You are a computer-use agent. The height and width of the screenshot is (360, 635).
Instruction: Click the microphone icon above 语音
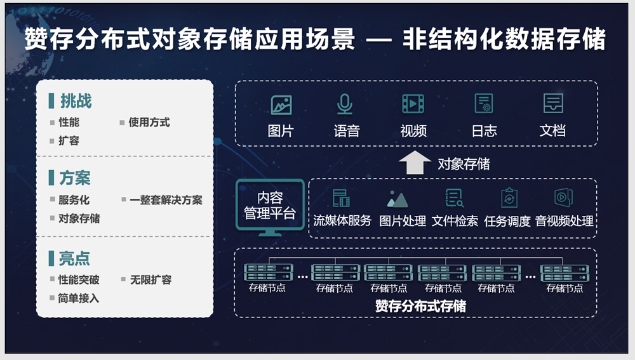(345, 104)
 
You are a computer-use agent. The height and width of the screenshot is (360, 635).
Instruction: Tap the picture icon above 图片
(281, 105)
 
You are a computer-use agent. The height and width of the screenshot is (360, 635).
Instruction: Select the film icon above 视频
(413, 103)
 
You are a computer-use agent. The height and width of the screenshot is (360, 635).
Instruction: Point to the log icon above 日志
(484, 103)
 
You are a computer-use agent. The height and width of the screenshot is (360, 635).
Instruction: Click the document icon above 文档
(553, 103)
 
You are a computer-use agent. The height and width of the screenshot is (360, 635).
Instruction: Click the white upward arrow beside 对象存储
(415, 163)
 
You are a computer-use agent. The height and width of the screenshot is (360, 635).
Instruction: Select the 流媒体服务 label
(342, 221)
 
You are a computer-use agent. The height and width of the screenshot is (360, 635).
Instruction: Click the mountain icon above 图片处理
(398, 199)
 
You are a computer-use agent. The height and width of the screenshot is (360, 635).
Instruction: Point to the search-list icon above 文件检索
(454, 198)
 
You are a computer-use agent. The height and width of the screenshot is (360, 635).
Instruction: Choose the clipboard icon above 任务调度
(509, 198)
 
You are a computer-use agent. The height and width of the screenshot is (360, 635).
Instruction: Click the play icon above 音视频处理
(563, 197)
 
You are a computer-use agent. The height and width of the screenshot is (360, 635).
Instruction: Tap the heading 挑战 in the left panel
(76, 101)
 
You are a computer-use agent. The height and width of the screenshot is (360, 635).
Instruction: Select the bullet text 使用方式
(149, 123)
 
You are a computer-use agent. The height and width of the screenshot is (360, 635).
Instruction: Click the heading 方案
(75, 178)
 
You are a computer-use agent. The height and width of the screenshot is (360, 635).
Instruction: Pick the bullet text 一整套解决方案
(166, 199)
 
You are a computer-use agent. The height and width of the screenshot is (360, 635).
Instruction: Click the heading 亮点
(74, 258)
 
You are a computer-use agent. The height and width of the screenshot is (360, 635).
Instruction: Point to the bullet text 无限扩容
(150, 279)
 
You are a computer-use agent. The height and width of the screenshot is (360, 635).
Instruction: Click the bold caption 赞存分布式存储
(420, 306)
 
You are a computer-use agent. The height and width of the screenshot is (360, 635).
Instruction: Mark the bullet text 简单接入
(79, 298)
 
